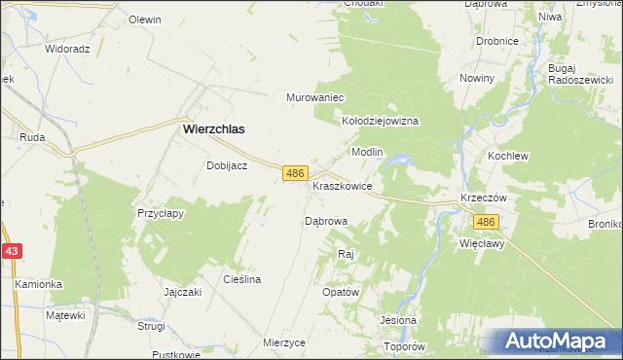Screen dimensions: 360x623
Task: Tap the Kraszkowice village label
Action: coord(343,185)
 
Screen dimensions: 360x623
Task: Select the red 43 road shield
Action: coord(11,251)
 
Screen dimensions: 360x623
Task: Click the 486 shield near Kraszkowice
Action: coord(296,172)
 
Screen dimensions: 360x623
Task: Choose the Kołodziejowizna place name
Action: coord(380,121)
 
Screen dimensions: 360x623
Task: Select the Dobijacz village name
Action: coord(227,165)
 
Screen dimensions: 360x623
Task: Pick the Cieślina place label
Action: coord(242,279)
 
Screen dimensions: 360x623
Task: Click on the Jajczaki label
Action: coord(182,292)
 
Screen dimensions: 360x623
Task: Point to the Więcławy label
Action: coord(482,244)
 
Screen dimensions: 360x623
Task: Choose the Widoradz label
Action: coord(67,48)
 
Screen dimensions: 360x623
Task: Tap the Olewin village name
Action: coord(145,19)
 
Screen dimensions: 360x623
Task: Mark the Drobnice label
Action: coord(496,41)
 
